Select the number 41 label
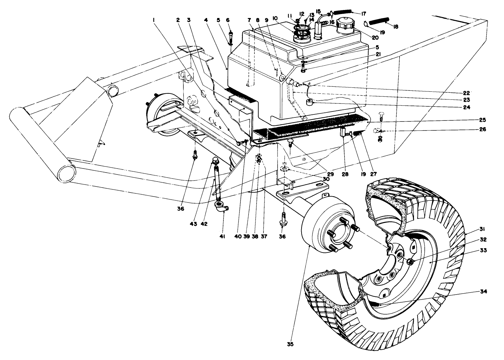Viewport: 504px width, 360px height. pos(222,236)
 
